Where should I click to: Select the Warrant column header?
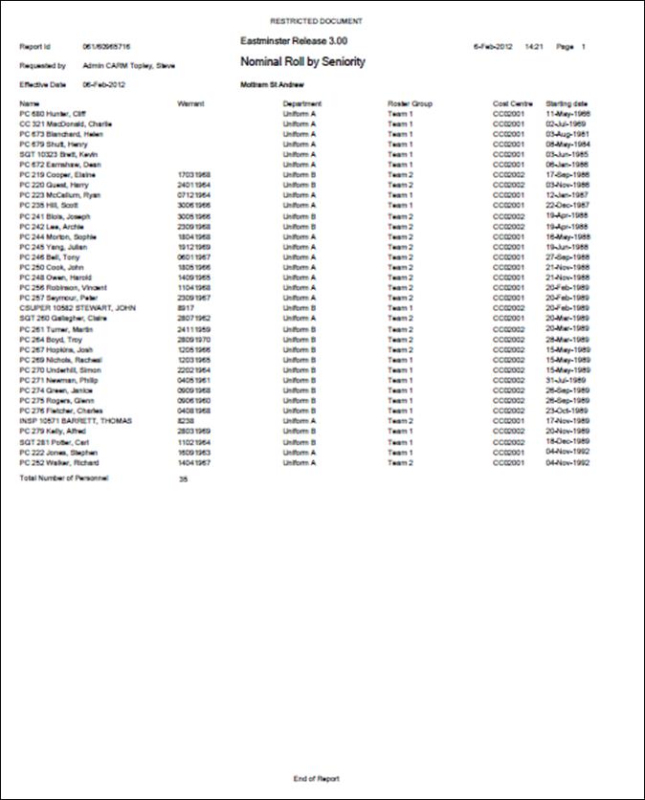click(192, 103)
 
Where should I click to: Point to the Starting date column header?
click(567, 103)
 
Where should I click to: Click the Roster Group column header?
click(411, 103)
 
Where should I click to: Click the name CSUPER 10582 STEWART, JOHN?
click(78, 308)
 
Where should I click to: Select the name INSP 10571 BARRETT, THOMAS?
click(76, 421)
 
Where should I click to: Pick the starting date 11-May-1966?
click(567, 114)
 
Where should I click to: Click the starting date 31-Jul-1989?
click(565, 380)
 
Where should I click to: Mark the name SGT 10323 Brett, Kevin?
click(58, 154)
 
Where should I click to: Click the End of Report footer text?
click(316, 778)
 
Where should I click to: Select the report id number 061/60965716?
click(106, 46)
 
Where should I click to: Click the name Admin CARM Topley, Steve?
click(128, 66)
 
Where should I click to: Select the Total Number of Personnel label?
click(64, 477)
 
